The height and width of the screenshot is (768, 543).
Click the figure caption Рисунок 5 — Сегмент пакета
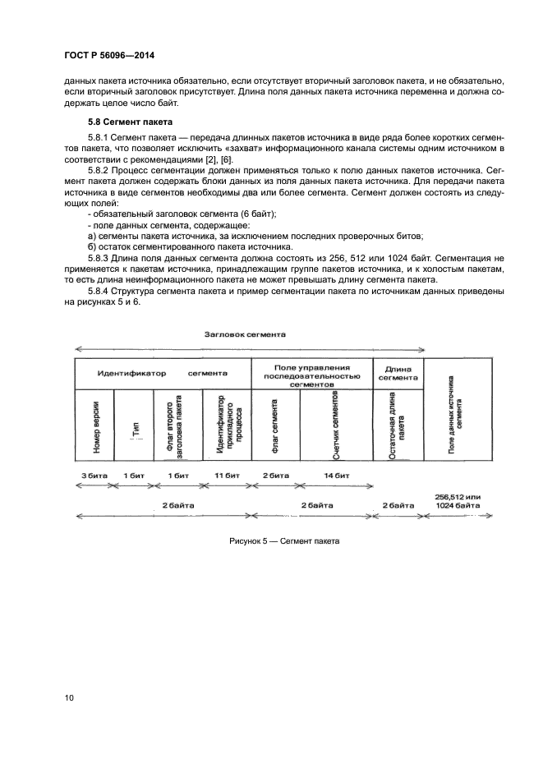click(284, 541)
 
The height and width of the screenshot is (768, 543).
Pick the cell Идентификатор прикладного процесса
click(226, 425)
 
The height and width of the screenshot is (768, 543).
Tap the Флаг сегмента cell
click(275, 427)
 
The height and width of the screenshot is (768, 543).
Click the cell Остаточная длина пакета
click(398, 427)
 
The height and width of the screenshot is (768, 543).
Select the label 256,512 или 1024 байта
click(457, 500)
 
